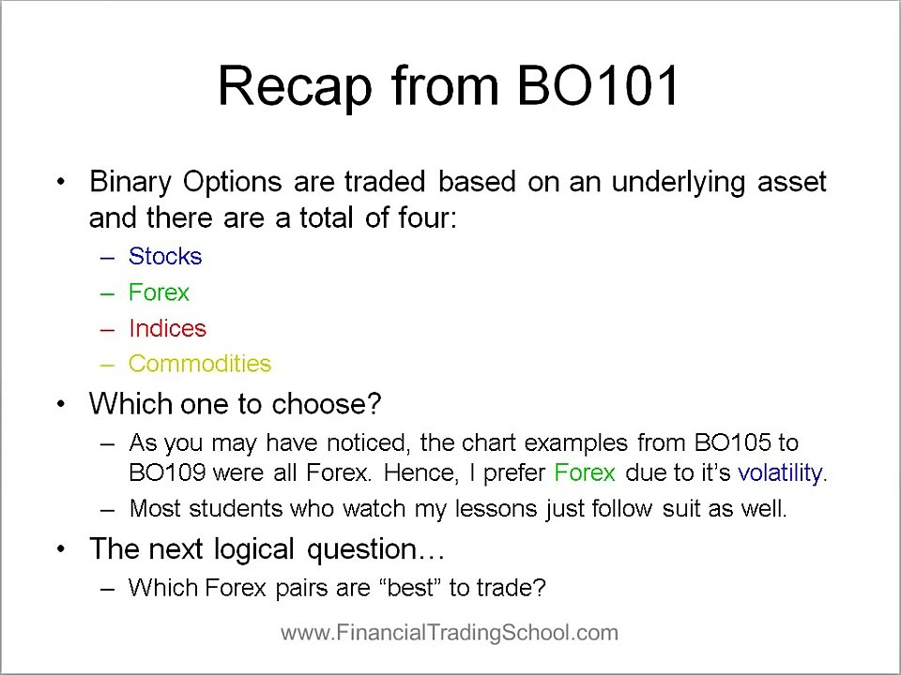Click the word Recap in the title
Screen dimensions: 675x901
click(x=295, y=86)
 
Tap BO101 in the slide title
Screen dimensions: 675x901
click(x=598, y=86)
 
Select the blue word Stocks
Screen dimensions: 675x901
click(x=165, y=257)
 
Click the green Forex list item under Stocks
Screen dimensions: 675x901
click(x=159, y=292)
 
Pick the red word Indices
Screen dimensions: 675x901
click(x=167, y=328)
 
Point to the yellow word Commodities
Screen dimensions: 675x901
click(x=200, y=364)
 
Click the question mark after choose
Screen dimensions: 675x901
click(x=374, y=404)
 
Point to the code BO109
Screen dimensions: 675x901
click(x=167, y=473)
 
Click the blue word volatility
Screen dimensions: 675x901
click(x=781, y=473)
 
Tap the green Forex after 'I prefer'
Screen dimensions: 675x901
click(x=585, y=473)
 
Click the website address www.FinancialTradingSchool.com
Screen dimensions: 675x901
click(x=450, y=633)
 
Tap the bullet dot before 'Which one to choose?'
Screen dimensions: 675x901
click(x=62, y=404)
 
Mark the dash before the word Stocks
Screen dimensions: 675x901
click(x=107, y=257)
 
